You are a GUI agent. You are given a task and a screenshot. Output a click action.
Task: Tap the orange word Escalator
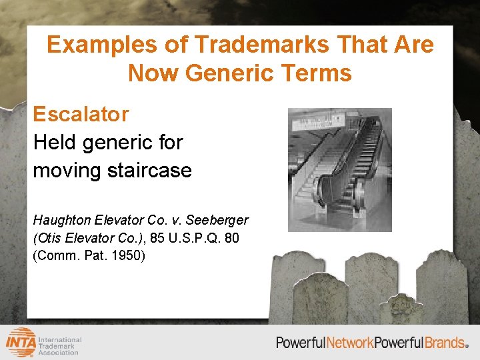pos(81,114)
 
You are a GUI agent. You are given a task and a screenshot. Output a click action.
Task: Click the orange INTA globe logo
pos(21,343)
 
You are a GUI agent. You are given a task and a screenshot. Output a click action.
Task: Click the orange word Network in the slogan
pos(349,343)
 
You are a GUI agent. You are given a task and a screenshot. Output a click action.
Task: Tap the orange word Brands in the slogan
pos(445,343)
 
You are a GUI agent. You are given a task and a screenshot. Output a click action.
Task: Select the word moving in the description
pos(65,171)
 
